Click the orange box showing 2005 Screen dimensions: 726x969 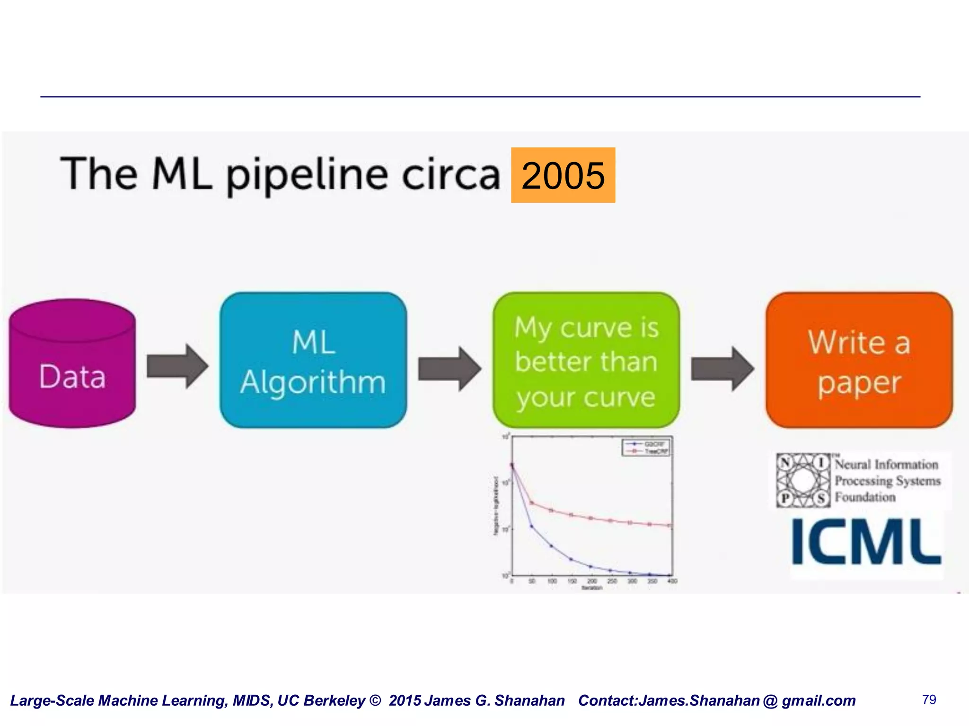(x=563, y=175)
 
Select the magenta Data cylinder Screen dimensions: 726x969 (x=72, y=364)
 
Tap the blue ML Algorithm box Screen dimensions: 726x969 (x=313, y=361)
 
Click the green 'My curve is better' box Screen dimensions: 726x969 (x=586, y=361)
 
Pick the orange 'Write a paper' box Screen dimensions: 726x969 (x=859, y=361)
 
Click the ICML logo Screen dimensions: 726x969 (x=866, y=542)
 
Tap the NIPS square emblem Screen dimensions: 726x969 (x=803, y=481)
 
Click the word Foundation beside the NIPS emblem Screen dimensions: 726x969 (x=865, y=497)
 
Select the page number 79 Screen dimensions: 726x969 (x=929, y=700)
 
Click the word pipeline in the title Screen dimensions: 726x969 (x=307, y=175)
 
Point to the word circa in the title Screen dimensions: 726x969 (x=450, y=175)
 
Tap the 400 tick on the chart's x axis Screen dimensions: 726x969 (x=672, y=581)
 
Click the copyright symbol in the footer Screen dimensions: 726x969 (x=375, y=700)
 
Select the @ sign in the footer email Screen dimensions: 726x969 (x=770, y=700)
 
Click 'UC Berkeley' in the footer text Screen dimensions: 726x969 (x=321, y=700)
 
